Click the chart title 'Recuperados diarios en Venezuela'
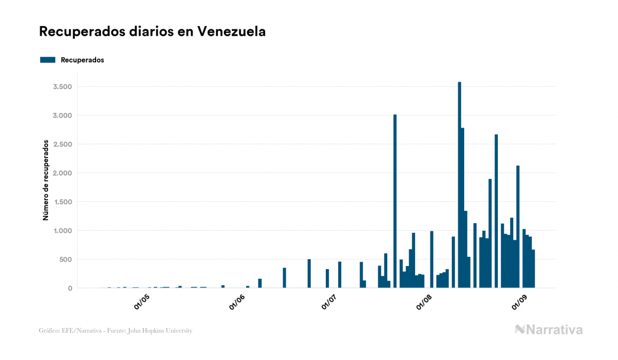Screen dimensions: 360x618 [152, 32]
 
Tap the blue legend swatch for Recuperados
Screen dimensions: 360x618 [48, 60]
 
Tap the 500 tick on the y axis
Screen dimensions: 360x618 [65, 260]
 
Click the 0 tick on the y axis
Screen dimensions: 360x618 [69, 288]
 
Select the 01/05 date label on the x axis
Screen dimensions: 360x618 [142, 302]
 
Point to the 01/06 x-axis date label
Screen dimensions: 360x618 [237, 302]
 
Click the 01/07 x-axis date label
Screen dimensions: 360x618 [329, 302]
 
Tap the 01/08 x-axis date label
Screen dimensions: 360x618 [424, 302]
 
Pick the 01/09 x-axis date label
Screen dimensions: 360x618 [519, 302]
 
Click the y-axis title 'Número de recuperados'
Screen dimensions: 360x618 [46, 181]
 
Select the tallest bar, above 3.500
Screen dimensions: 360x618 [459, 185]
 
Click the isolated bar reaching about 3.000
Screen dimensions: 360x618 [395, 201]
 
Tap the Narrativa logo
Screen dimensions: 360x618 [549, 330]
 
